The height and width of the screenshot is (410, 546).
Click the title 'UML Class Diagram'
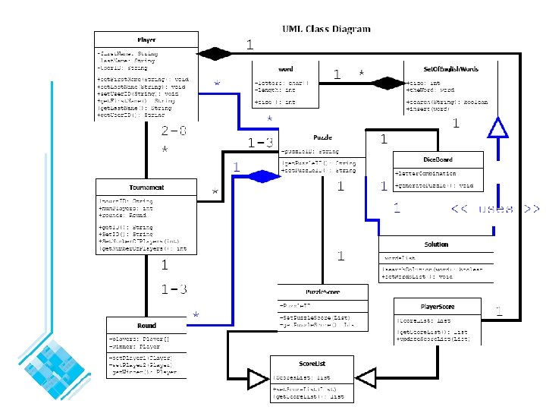click(326, 29)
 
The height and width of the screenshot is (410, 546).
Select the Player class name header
click(146, 39)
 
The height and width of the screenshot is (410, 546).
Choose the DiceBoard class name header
click(438, 160)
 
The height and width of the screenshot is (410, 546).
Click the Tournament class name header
click(146, 188)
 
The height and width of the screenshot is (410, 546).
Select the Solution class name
click(436, 244)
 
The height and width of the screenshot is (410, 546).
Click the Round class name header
click(146, 326)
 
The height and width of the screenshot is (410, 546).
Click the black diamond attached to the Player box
click(215, 53)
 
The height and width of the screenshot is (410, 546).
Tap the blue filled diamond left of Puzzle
click(265, 176)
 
